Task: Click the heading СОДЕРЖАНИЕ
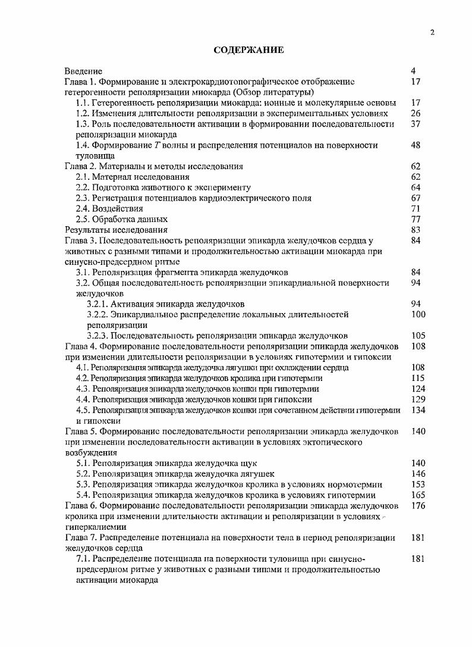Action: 248,51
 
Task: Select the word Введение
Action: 83,71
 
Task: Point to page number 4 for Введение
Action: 413,71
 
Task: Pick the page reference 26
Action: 416,113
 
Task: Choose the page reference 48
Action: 416,145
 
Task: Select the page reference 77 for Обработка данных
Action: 416,219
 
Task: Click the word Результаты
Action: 87,230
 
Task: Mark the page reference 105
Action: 418,336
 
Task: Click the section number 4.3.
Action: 83,389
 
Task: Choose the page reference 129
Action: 418,399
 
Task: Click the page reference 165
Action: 418,495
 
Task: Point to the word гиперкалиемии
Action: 94,527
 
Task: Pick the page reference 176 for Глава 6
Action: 418,505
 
